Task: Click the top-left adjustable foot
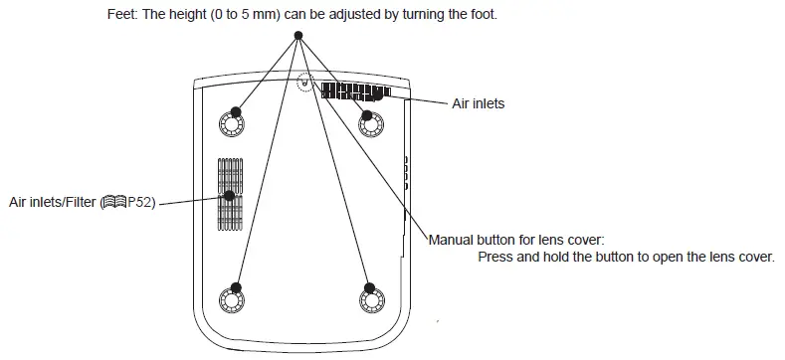click(x=231, y=122)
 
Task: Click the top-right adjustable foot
click(x=370, y=122)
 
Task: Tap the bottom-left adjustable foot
click(x=231, y=296)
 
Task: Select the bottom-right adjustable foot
click(x=370, y=296)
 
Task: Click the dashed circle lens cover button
click(x=306, y=86)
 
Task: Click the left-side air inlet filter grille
click(x=230, y=194)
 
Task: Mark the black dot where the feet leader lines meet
click(x=297, y=36)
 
